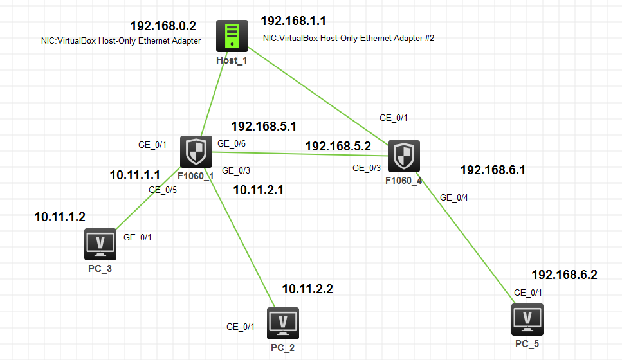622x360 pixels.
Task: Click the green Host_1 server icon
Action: (x=232, y=37)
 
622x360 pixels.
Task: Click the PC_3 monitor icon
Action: (x=100, y=244)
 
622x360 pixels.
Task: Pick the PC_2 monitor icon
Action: (x=282, y=323)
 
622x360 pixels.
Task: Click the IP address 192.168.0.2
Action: (x=163, y=26)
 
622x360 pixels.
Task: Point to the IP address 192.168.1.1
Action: (x=293, y=22)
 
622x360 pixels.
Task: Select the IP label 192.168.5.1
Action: (x=264, y=126)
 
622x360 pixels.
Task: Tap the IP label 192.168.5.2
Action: (x=338, y=147)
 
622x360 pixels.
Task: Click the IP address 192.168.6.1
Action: (x=493, y=170)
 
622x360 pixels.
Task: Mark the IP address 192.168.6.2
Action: (x=564, y=275)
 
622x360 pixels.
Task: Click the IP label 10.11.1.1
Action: (x=134, y=175)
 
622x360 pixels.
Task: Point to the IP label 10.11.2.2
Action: (x=307, y=289)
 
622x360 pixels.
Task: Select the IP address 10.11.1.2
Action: (x=60, y=217)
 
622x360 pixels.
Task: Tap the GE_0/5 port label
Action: (x=163, y=190)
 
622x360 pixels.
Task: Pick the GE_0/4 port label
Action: (x=454, y=197)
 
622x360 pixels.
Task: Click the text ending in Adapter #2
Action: (x=349, y=39)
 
